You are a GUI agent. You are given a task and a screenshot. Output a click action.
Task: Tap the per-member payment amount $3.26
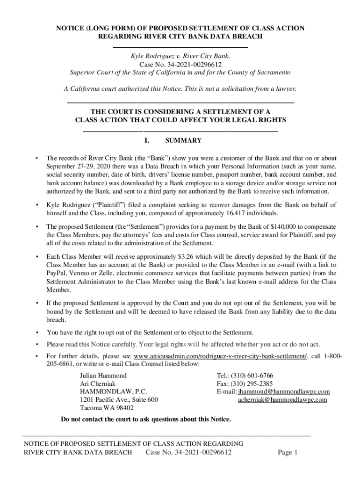[189, 257]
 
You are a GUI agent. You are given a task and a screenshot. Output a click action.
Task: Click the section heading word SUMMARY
[183, 140]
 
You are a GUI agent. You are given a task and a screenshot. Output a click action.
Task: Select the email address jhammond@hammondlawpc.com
[284, 392]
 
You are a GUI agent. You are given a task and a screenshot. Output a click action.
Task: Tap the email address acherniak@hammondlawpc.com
[282, 399]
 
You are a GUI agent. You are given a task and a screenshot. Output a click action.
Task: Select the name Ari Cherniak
[96, 384]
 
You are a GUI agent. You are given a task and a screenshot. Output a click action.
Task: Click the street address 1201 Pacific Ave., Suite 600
[119, 399]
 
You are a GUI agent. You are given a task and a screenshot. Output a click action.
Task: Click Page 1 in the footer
[288, 452]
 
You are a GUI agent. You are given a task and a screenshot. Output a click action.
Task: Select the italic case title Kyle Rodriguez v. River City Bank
[180, 56]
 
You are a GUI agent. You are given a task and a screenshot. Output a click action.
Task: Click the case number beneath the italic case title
[180, 65]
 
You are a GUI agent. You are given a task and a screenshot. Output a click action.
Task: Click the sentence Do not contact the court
[146, 419]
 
